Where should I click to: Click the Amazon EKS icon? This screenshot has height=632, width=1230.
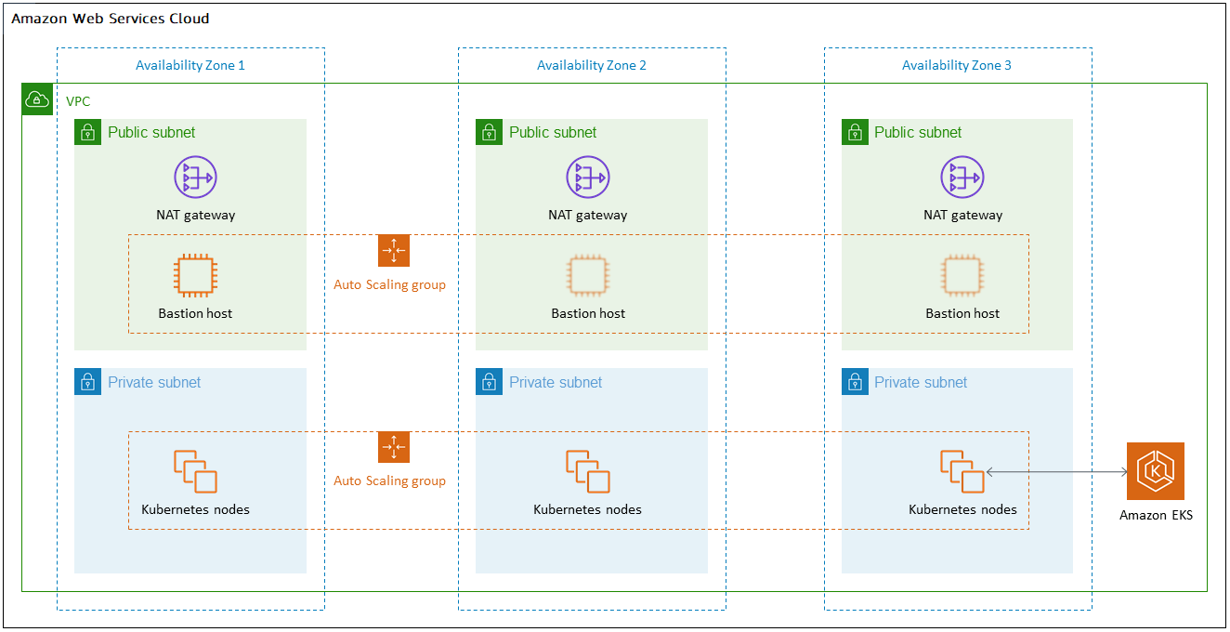[1155, 471]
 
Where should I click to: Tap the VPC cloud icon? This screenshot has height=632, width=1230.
[36, 99]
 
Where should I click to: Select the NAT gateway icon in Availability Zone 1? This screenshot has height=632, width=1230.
[195, 177]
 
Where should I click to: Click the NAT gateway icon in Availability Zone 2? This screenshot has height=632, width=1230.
[587, 177]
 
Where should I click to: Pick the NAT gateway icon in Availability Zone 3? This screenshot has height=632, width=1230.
[962, 177]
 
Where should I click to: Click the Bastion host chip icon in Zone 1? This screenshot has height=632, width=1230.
[195, 275]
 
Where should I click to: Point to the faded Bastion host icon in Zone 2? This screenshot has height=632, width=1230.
[587, 275]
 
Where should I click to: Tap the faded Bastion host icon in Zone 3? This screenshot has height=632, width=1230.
[962, 275]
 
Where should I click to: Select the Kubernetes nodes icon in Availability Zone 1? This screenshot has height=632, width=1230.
[195, 471]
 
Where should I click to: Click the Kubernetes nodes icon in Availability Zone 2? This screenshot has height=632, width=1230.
[587, 471]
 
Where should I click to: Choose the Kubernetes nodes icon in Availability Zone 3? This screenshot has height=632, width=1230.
[962, 471]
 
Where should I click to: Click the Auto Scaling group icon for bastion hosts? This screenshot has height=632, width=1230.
[394, 251]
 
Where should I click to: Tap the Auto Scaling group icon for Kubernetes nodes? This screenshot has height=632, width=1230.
[394, 447]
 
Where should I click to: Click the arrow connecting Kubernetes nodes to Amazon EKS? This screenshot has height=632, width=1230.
[1056, 472]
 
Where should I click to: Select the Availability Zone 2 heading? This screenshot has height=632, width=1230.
[591, 65]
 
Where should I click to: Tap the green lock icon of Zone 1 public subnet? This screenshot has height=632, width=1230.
[87, 132]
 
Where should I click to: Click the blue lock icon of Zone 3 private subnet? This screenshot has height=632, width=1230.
[855, 382]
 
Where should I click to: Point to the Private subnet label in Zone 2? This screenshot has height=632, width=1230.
[556, 382]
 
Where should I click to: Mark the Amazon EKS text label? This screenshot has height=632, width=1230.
[1156, 515]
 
